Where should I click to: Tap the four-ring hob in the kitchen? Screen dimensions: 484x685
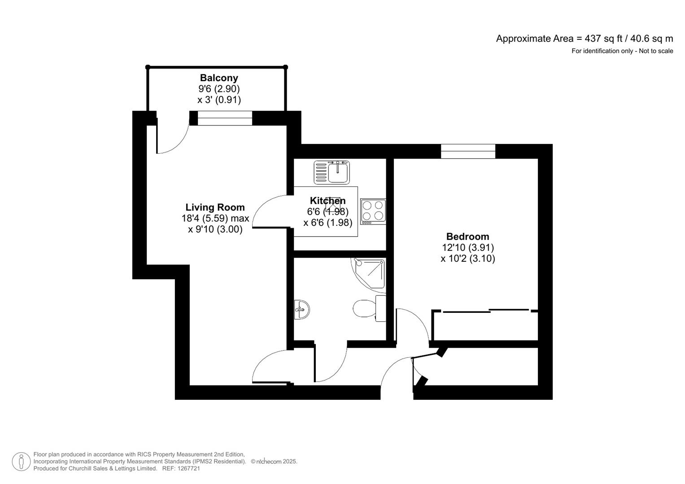(x=373, y=211)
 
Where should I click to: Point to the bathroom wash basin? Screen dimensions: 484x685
(x=302, y=309)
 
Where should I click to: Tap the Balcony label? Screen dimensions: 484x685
(x=219, y=78)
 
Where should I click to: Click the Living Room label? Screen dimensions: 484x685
(x=215, y=207)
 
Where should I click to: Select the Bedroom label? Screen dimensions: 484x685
(x=467, y=236)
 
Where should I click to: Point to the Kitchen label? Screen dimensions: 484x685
(x=327, y=200)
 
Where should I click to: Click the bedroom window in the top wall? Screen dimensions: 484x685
(x=468, y=151)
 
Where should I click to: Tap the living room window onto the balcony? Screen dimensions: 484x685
(x=225, y=118)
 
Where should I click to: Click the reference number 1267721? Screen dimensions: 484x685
(x=189, y=469)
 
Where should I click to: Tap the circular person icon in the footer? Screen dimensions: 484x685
(x=21, y=462)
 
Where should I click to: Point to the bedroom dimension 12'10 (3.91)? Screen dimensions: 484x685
(x=467, y=247)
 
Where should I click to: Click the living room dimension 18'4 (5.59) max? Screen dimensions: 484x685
(x=215, y=218)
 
